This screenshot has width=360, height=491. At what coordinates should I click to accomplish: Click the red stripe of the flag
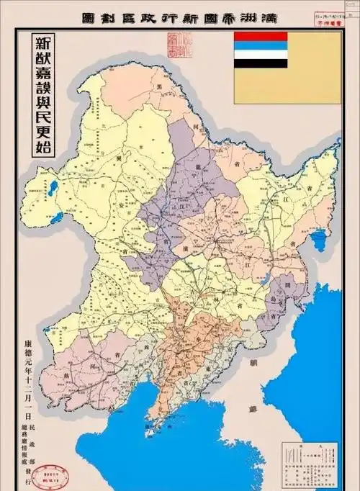pos(260,36)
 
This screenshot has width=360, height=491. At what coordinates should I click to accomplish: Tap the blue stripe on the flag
pos(260,45)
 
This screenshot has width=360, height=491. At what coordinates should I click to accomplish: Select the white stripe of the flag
pos(260,53)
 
